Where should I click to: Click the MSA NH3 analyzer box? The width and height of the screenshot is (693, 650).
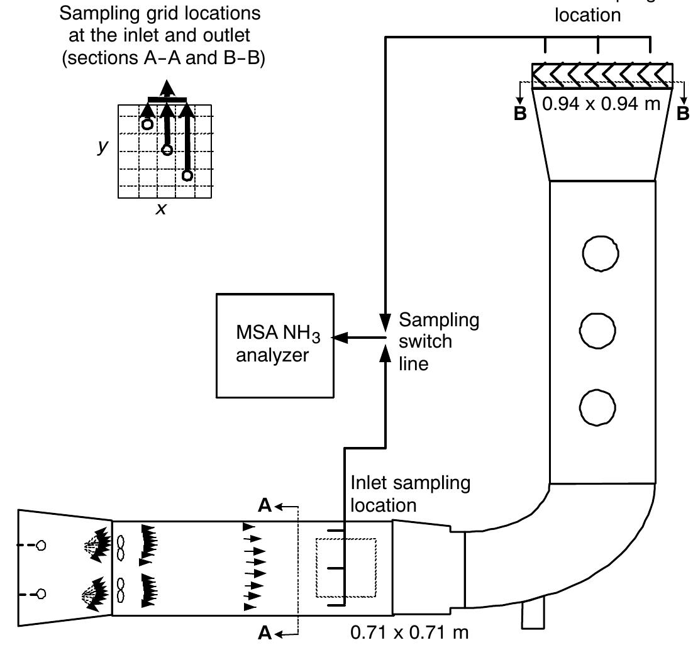tap(275, 345)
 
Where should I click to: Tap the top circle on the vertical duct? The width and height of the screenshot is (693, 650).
tap(601, 253)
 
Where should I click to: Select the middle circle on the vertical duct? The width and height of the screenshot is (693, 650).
tap(597, 331)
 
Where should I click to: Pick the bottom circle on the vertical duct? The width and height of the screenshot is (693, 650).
tap(597, 408)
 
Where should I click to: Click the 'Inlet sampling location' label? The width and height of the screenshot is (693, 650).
tap(409, 494)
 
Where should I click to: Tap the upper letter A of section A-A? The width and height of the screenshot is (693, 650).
tap(265, 506)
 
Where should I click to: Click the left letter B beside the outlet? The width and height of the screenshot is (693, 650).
tap(519, 114)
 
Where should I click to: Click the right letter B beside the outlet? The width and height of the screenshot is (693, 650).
tap(682, 114)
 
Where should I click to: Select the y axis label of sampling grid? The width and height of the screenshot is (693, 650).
tap(103, 146)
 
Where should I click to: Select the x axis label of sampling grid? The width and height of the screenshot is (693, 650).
tap(162, 209)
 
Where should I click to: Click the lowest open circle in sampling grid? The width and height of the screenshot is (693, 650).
tap(187, 175)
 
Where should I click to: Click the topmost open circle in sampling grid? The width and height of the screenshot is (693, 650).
tap(147, 124)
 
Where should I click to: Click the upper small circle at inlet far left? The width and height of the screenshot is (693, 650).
tap(41, 546)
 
